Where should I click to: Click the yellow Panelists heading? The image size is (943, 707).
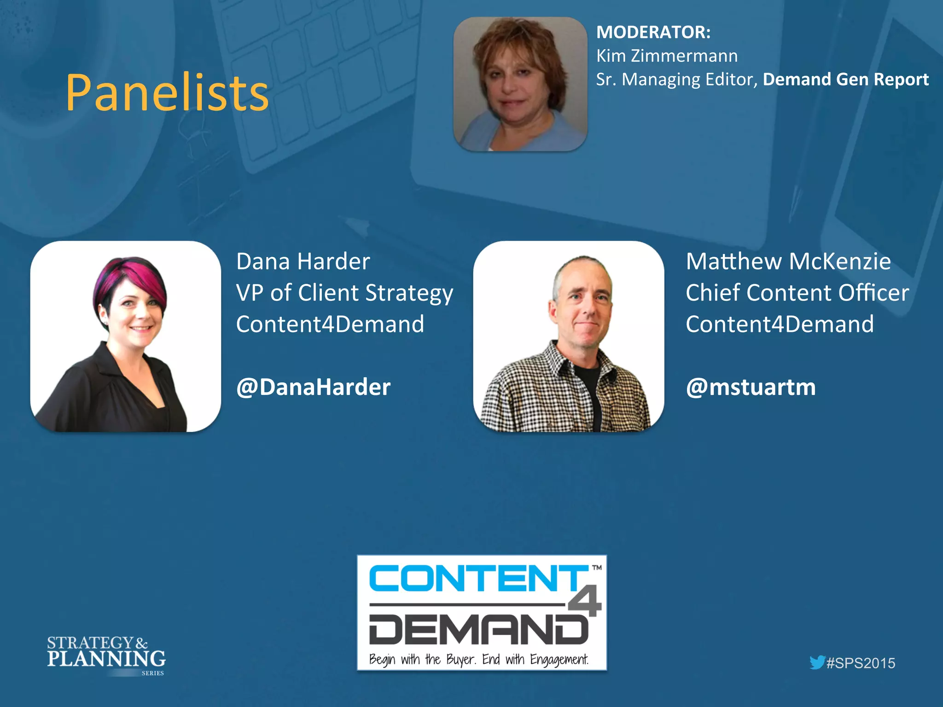[167, 93]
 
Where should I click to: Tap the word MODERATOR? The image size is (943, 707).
[653, 32]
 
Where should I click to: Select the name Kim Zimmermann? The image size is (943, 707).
[667, 56]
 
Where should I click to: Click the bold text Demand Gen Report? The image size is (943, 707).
[845, 79]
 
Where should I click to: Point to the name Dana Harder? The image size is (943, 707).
[303, 261]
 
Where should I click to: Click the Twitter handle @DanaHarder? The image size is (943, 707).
[313, 387]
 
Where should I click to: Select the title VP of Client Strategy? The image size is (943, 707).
[344, 293]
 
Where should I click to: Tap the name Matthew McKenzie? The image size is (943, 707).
[788, 261]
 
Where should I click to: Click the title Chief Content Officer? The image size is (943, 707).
[797, 293]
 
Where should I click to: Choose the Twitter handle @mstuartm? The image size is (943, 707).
[751, 387]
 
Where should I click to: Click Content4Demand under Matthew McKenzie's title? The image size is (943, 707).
[780, 324]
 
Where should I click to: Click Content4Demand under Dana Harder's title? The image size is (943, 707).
[330, 324]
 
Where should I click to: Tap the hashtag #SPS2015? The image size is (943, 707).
[860, 663]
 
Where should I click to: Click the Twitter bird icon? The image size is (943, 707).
[817, 662]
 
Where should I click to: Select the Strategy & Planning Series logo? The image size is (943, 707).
[106, 655]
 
